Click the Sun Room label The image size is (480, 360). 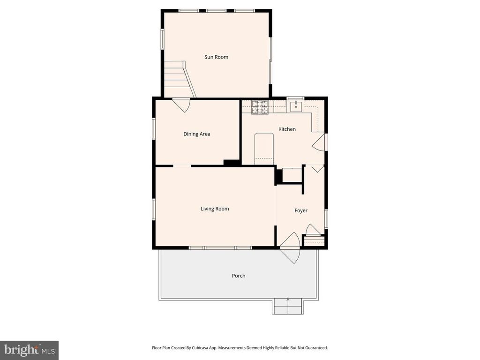(x=216, y=57)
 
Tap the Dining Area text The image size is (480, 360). (x=196, y=134)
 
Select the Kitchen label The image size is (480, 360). (x=287, y=129)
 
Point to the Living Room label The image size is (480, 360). (x=215, y=209)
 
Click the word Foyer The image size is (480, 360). (x=301, y=211)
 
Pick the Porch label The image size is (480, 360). (x=239, y=276)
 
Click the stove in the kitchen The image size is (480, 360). (x=260, y=108)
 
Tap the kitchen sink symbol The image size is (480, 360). (x=296, y=107)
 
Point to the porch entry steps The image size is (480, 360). (x=288, y=307)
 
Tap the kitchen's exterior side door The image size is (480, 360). (x=320, y=142)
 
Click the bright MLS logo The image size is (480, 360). (x=29, y=350)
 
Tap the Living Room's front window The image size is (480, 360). (x=220, y=247)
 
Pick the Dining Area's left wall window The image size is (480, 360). (x=153, y=128)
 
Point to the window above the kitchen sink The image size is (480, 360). (x=295, y=98)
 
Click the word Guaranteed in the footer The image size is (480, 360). (x=315, y=348)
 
